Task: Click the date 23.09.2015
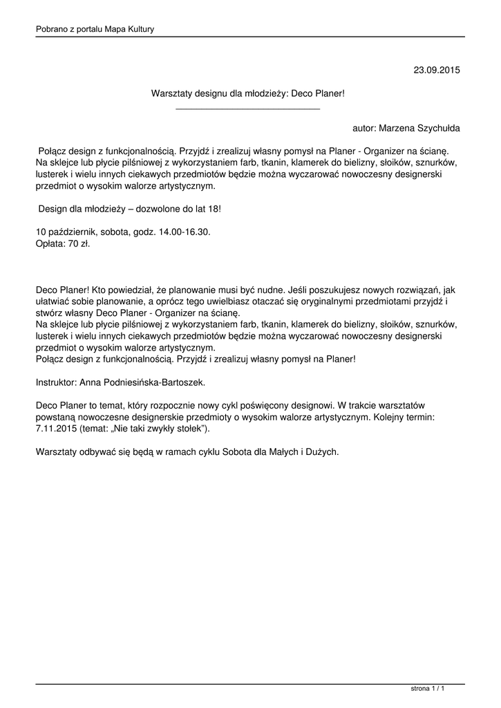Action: (436, 71)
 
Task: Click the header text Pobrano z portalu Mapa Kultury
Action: (95, 29)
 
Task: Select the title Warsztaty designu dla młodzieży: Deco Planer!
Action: (247, 93)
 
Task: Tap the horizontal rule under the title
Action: (247, 109)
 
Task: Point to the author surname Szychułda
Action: (437, 129)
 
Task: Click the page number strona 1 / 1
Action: (427, 689)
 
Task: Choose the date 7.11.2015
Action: (57, 429)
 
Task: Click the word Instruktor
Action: (56, 381)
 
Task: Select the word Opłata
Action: (48, 244)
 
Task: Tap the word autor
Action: (363, 129)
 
